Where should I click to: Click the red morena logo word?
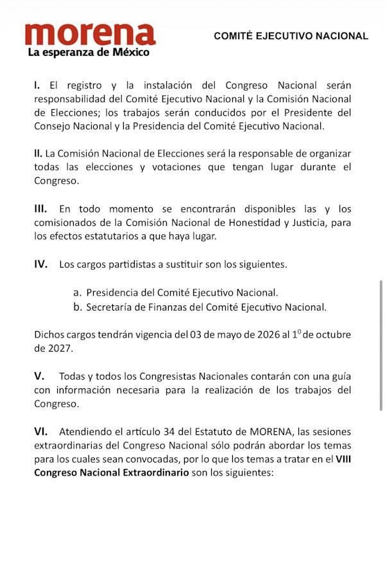(x=90, y=35)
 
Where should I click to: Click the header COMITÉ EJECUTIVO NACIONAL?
(x=291, y=37)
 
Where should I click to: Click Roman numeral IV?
(x=41, y=264)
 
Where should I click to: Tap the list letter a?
(x=76, y=292)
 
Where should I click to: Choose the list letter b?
(x=77, y=307)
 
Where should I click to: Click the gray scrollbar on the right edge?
(x=382, y=346)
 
